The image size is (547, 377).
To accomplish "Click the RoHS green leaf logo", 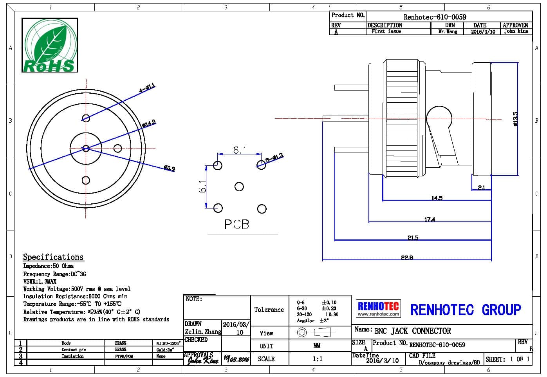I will point(50,45).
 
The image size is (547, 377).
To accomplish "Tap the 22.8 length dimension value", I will point(407,257).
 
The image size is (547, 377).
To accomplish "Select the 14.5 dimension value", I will point(437,198).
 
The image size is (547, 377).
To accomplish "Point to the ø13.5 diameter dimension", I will point(515,119).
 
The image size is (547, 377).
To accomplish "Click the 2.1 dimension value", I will point(481,187).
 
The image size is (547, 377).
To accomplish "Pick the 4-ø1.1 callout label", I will point(147,88).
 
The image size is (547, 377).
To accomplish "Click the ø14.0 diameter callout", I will point(149,124).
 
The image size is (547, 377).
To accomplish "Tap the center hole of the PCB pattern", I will point(239,187).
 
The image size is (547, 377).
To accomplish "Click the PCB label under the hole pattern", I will point(236,224).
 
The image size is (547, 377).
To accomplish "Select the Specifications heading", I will point(53,257).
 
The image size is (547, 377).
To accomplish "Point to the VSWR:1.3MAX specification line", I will point(40,281).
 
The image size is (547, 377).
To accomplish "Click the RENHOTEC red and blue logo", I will point(378,308).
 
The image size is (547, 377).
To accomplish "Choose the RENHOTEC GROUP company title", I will point(466,310).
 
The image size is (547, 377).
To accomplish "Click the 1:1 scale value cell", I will point(318,359).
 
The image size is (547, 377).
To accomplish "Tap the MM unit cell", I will point(317,346).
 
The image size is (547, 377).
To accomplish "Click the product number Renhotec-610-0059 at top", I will point(435,17).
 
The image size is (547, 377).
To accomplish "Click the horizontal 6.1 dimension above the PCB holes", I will point(240,150).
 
